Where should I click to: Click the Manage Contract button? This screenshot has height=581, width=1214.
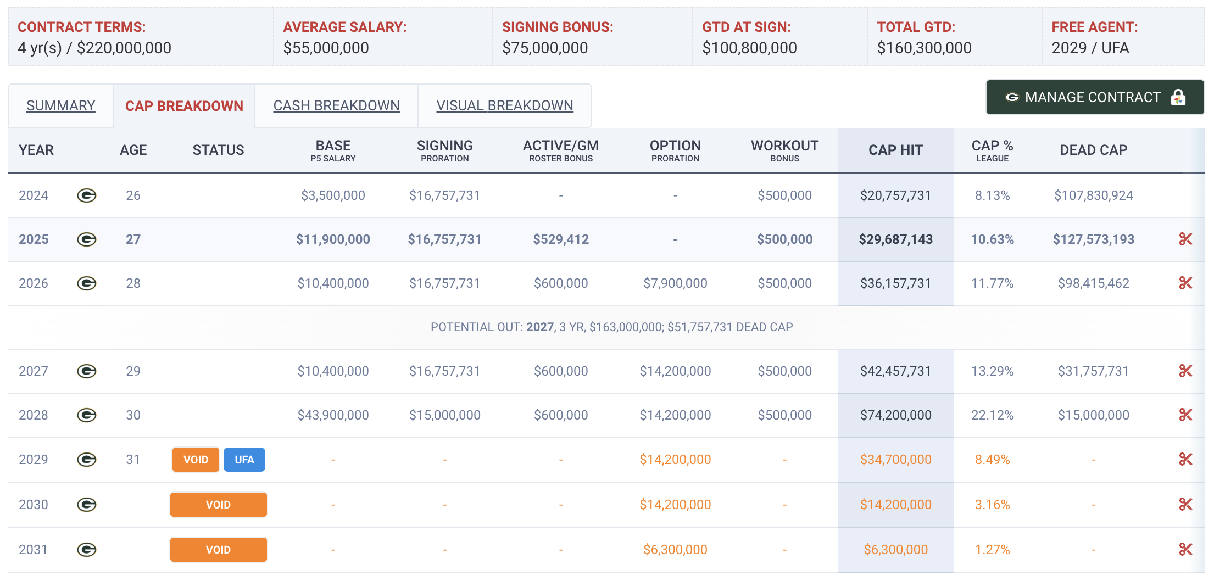pos(1095,97)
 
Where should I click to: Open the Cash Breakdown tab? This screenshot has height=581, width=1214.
pos(336,105)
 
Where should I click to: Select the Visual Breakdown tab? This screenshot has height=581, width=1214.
pos(504,105)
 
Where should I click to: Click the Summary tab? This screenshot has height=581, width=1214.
pos(60,105)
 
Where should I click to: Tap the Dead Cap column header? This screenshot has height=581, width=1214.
pos(1093,150)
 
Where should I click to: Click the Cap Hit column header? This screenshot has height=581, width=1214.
pos(895,150)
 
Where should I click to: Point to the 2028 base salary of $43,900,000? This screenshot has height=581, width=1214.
pos(333,415)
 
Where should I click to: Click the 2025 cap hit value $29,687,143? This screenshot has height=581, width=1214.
pos(895,239)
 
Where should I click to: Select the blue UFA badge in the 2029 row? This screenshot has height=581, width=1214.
pos(244,460)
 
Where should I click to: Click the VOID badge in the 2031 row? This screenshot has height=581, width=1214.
pos(218,550)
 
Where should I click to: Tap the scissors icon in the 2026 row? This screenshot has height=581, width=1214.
pos(1185,283)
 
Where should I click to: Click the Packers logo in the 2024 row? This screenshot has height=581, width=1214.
pos(87,195)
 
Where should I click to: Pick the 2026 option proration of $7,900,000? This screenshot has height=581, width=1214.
pos(675,283)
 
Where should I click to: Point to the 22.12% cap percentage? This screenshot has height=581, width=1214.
pos(992,415)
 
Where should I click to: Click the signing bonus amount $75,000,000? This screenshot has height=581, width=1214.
pos(545,48)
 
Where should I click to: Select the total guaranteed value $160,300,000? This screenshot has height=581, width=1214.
pos(924,48)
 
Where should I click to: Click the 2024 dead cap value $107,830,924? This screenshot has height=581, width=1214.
pos(1093,195)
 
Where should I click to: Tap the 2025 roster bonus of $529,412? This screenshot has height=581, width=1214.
pos(561,239)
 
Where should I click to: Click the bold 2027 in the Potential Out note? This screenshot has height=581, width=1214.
pos(539,327)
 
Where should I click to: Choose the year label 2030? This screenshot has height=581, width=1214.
pos(34,505)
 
